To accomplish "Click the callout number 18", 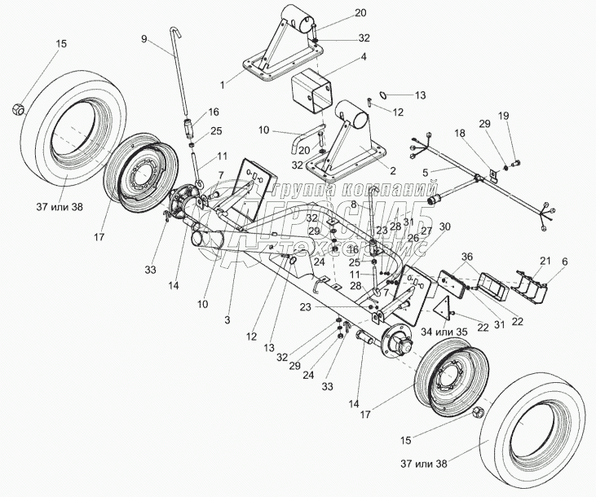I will point(461,133).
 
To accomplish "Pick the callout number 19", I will point(504,117).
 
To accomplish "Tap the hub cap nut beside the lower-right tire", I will point(478,413).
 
